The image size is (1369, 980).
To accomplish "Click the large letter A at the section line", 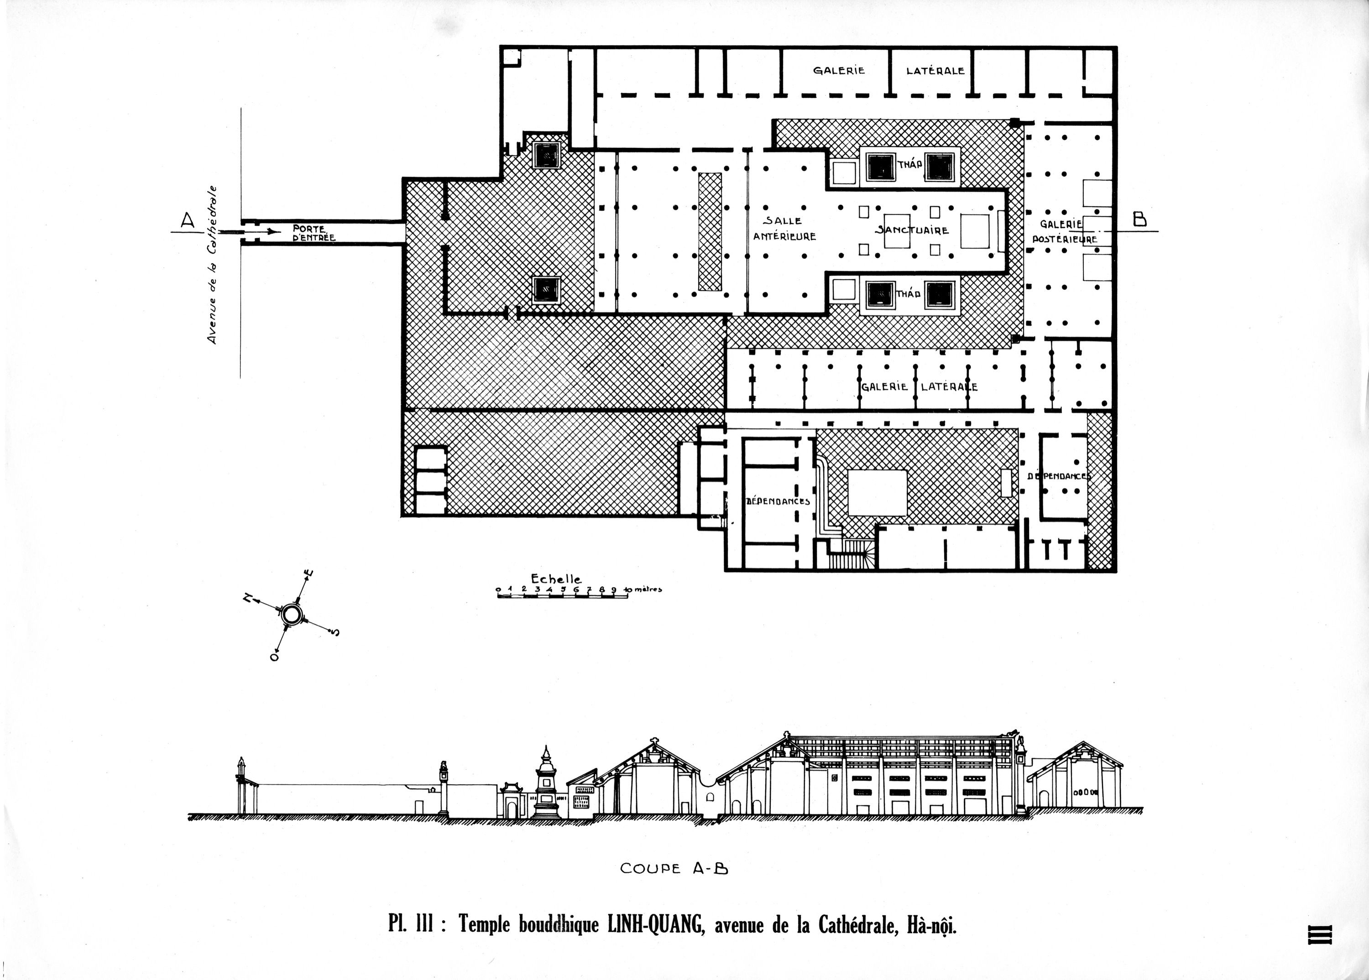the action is (188, 221).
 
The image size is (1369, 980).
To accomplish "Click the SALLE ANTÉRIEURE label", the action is (784, 229).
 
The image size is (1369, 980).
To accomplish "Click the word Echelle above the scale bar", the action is (556, 579).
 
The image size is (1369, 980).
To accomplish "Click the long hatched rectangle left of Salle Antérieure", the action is (710, 232).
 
